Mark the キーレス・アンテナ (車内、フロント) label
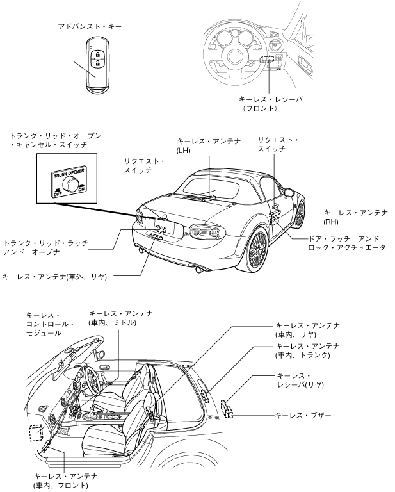[x=66, y=480]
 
